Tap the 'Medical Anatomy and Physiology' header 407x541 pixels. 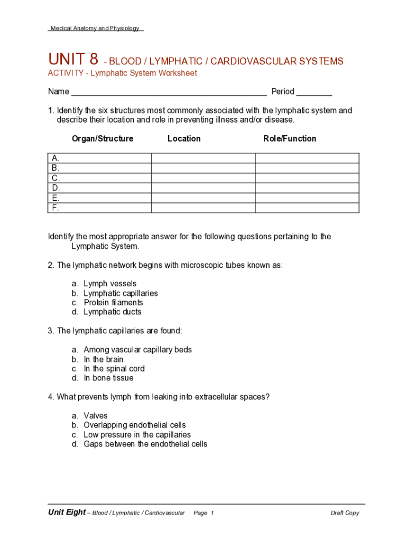tap(95, 29)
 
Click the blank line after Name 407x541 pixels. tap(169, 92)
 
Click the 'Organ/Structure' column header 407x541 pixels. tap(103, 139)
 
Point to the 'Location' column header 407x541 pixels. tap(184, 139)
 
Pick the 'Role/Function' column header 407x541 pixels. tap(290, 139)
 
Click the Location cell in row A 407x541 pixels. tap(203, 158)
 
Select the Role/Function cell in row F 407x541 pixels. tap(307, 208)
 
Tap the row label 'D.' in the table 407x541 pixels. tap(55, 188)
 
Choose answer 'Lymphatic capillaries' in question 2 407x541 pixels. tap(121, 293)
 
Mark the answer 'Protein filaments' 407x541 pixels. tap(113, 303)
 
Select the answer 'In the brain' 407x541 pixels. tap(103, 359)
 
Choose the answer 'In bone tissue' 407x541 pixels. tap(108, 378)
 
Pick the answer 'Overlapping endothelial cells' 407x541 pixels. tap(134, 425)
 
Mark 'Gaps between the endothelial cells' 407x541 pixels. tap(145, 444)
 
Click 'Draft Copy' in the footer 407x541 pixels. tap(345, 513)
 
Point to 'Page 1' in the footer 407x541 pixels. tap(203, 513)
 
